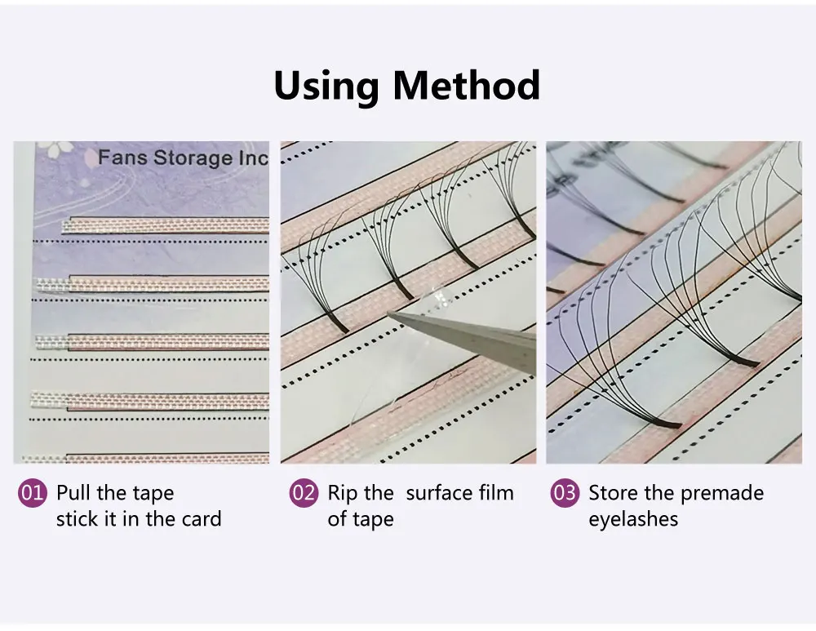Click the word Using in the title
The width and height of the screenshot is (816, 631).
point(326,86)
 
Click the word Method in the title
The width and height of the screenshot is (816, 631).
point(466,85)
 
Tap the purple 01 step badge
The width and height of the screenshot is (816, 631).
point(33,492)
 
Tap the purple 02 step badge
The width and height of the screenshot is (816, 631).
point(304,492)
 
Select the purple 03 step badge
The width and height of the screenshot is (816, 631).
point(565,492)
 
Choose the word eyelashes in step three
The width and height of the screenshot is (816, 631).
point(633,520)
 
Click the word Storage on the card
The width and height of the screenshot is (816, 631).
point(193,158)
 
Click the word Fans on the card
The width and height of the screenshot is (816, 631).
point(123,157)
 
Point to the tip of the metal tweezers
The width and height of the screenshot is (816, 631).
point(388,313)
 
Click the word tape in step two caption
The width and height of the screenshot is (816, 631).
point(375,520)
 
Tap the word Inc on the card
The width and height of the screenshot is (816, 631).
point(254,158)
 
